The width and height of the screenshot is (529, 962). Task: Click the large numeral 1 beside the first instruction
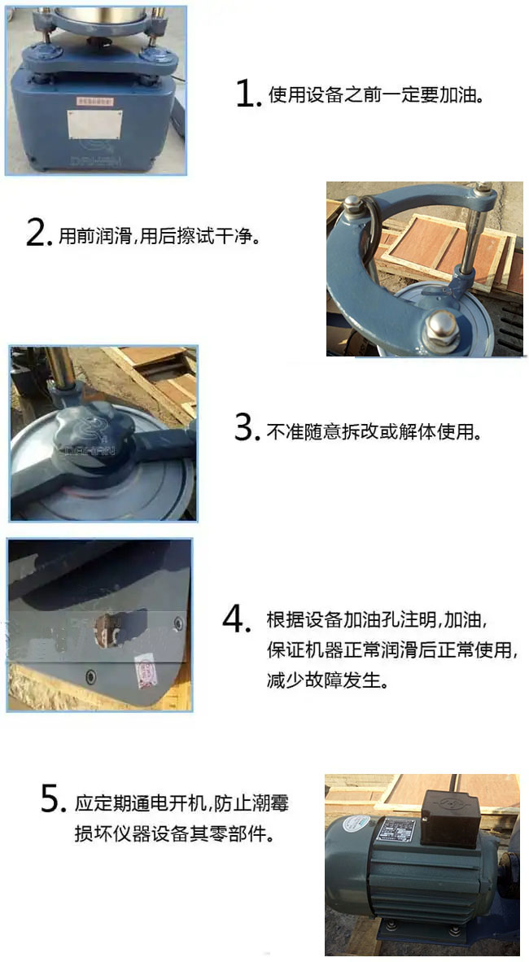[246, 94]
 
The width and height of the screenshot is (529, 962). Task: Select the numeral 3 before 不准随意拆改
[247, 428]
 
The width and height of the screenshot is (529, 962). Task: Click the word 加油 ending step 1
[456, 96]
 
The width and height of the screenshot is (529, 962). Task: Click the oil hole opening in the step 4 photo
[108, 627]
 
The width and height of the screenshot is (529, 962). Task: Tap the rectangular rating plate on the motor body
[397, 833]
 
